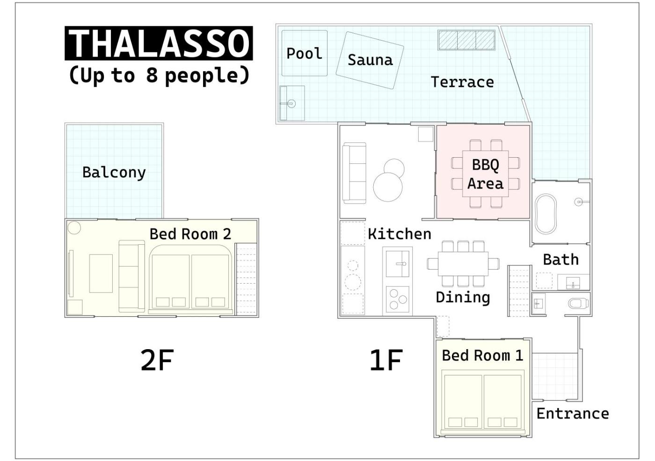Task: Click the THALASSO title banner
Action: click(x=159, y=43)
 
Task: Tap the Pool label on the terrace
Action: click(x=305, y=53)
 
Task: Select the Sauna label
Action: click(x=370, y=60)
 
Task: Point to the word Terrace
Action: click(x=462, y=82)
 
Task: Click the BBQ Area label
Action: click(x=486, y=174)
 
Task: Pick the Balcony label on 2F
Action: click(x=114, y=172)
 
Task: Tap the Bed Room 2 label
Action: click(x=190, y=234)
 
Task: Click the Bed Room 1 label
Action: click(x=482, y=355)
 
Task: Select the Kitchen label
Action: click(x=400, y=234)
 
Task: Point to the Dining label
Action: click(x=463, y=298)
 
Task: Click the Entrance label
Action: click(x=573, y=414)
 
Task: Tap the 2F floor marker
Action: click(x=157, y=360)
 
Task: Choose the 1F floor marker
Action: click(x=386, y=360)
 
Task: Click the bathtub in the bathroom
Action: click(x=546, y=214)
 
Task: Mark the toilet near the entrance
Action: click(x=578, y=303)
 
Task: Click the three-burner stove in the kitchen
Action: click(x=397, y=299)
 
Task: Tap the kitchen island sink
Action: click(x=397, y=264)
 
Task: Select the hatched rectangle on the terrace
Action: click(x=466, y=40)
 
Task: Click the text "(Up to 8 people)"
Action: click(x=159, y=75)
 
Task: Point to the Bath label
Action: click(x=561, y=259)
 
